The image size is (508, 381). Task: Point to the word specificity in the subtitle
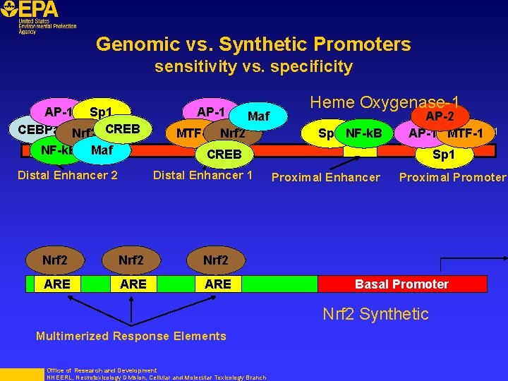tap(316, 67)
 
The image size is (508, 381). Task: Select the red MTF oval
tap(188, 133)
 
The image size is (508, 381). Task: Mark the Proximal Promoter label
tap(452, 177)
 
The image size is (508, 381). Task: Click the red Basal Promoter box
tap(401, 284)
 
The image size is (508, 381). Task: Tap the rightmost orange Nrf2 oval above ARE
tap(217, 260)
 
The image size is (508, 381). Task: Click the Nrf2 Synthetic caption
tap(375, 314)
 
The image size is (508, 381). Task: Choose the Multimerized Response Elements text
tap(131, 336)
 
